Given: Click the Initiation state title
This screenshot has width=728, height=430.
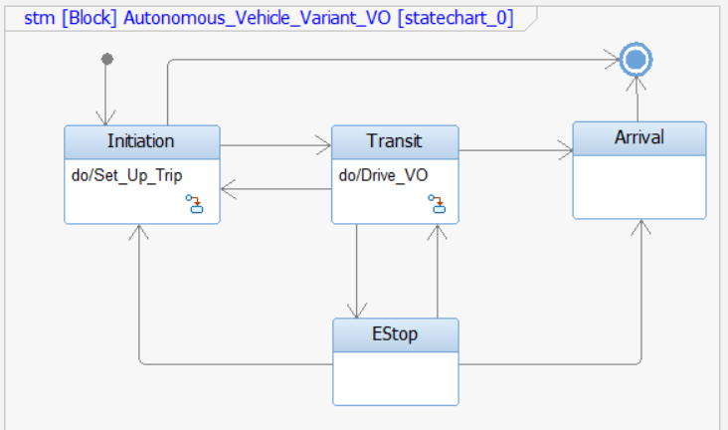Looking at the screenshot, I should [x=140, y=141].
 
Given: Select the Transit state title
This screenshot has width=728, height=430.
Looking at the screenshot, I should [x=395, y=141].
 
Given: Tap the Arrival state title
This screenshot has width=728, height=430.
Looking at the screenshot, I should [x=639, y=137].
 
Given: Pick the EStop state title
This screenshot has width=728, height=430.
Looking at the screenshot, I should [x=395, y=334].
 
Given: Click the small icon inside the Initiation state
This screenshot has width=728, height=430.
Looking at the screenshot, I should [x=195, y=204].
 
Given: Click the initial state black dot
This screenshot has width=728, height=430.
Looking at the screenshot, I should [x=107, y=60].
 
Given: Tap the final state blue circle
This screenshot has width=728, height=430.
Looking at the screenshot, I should [x=636, y=61].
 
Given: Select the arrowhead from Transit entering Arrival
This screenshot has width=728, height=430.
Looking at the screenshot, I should [x=566, y=151].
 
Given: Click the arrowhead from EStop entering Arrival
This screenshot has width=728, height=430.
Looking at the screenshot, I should [x=640, y=227].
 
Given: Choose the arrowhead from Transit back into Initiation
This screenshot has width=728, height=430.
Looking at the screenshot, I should [x=228, y=188].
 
